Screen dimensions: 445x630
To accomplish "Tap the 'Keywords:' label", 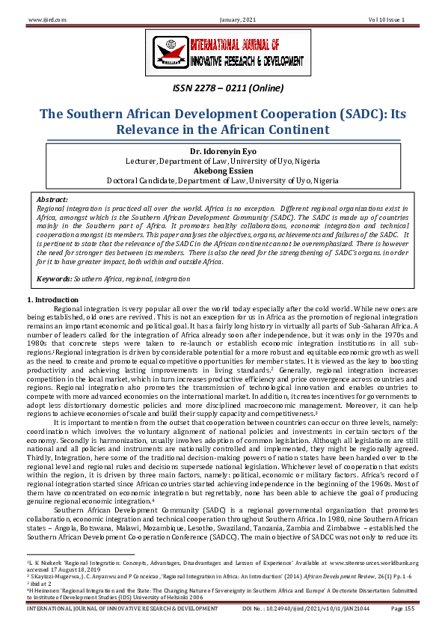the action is (x=55, y=278).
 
